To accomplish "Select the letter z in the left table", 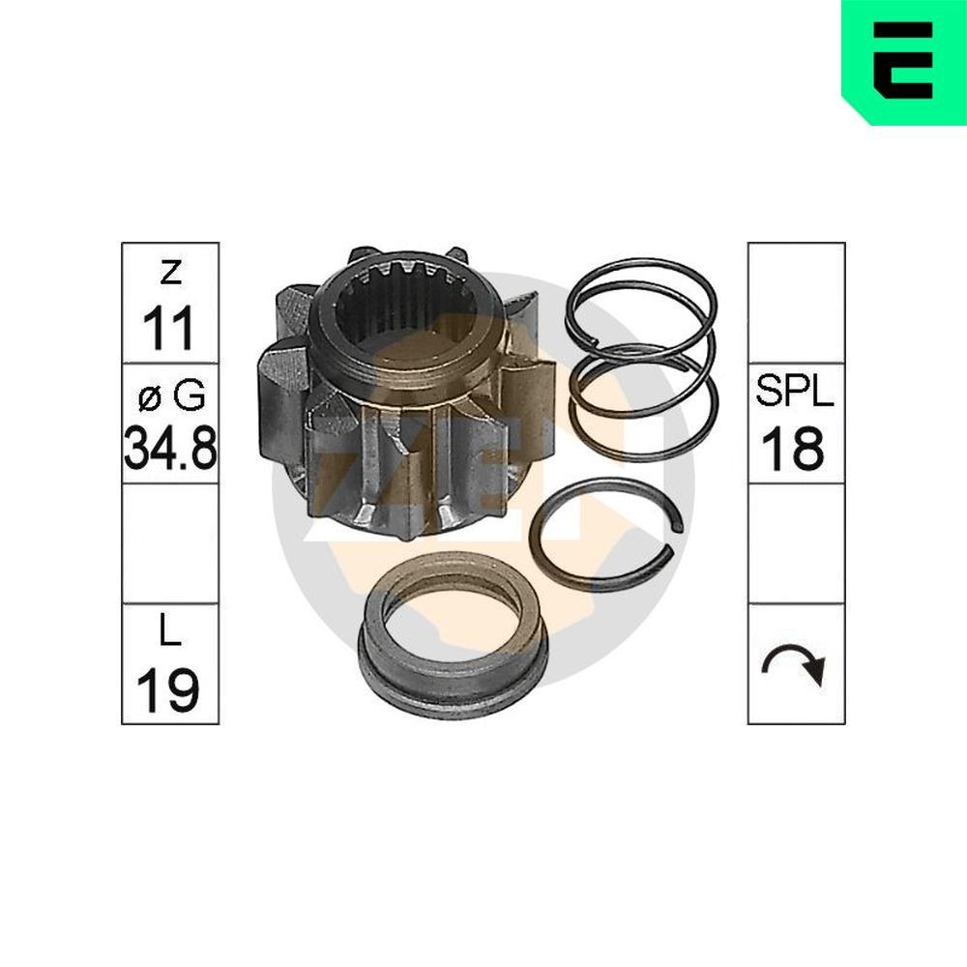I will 170,274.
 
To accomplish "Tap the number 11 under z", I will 169,329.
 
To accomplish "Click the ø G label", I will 169,396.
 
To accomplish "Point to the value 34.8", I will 169,450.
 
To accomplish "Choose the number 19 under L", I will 169,689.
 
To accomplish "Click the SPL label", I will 795,395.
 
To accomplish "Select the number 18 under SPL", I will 795,450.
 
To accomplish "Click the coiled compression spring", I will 643,358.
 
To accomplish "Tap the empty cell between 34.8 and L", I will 169,543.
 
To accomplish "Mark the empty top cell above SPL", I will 795,303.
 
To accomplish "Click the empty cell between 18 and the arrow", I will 795,543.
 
